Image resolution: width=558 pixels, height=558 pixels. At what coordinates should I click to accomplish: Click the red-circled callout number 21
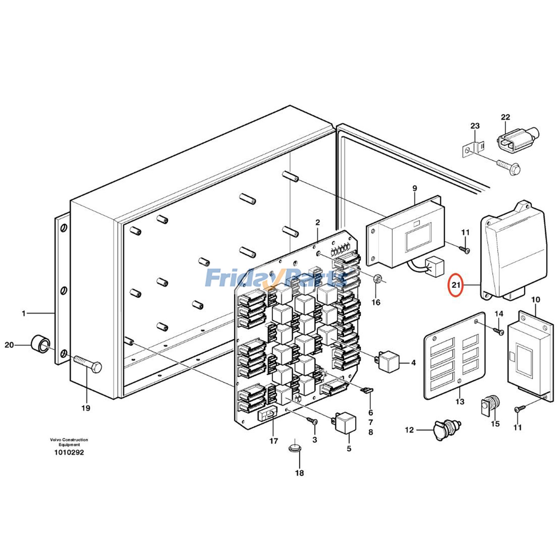pos(456,285)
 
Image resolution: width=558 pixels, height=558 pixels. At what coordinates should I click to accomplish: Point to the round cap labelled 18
pos(295,448)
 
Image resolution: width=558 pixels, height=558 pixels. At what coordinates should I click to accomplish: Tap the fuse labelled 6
pos(368,390)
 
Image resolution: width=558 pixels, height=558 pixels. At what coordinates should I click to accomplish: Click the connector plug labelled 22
pos(517,139)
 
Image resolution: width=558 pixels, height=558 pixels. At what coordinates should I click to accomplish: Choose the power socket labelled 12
pos(447,429)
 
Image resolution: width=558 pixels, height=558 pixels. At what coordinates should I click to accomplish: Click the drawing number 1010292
pos(69,453)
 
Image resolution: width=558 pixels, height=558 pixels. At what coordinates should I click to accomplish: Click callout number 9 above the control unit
pos(415,188)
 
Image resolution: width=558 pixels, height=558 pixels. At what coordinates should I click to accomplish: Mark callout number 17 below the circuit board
pos(273,441)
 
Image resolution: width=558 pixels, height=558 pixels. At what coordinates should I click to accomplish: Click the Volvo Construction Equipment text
pos(69,442)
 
